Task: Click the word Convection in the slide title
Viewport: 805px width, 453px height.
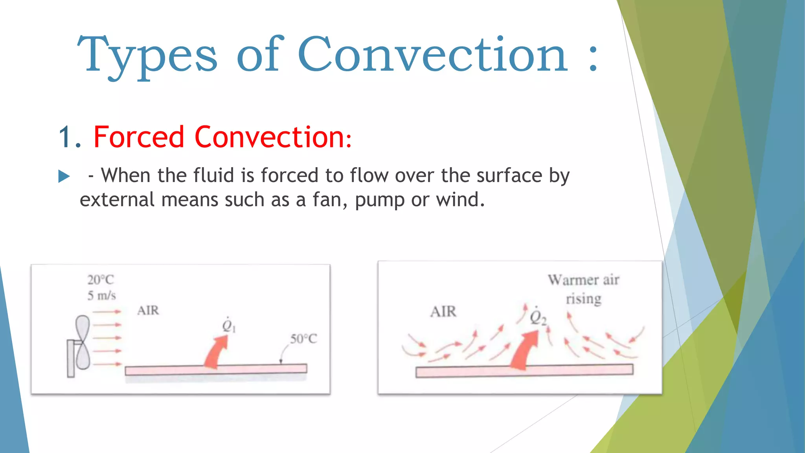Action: (432, 55)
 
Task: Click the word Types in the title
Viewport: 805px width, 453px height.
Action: (147, 55)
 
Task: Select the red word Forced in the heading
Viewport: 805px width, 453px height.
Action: (139, 137)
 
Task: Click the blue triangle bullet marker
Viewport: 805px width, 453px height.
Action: (64, 176)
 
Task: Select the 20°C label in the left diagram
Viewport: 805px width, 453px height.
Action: (101, 280)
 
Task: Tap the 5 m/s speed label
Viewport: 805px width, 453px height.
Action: (101, 296)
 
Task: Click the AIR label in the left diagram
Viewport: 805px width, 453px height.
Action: (148, 311)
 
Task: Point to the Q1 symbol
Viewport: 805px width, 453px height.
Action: (228, 326)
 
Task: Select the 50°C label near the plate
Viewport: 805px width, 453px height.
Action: (303, 339)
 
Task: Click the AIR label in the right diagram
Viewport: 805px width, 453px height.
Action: (443, 312)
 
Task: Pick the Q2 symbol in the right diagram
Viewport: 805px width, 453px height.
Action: (537, 317)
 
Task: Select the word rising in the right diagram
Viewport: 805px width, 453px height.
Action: (583, 299)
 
